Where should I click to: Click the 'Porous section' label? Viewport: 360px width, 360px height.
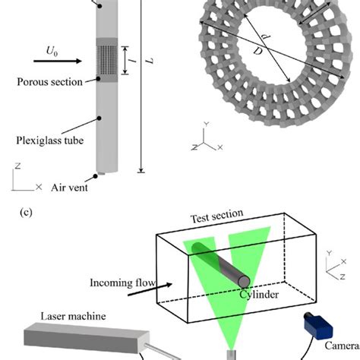pyautogui.click(x=49, y=81)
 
